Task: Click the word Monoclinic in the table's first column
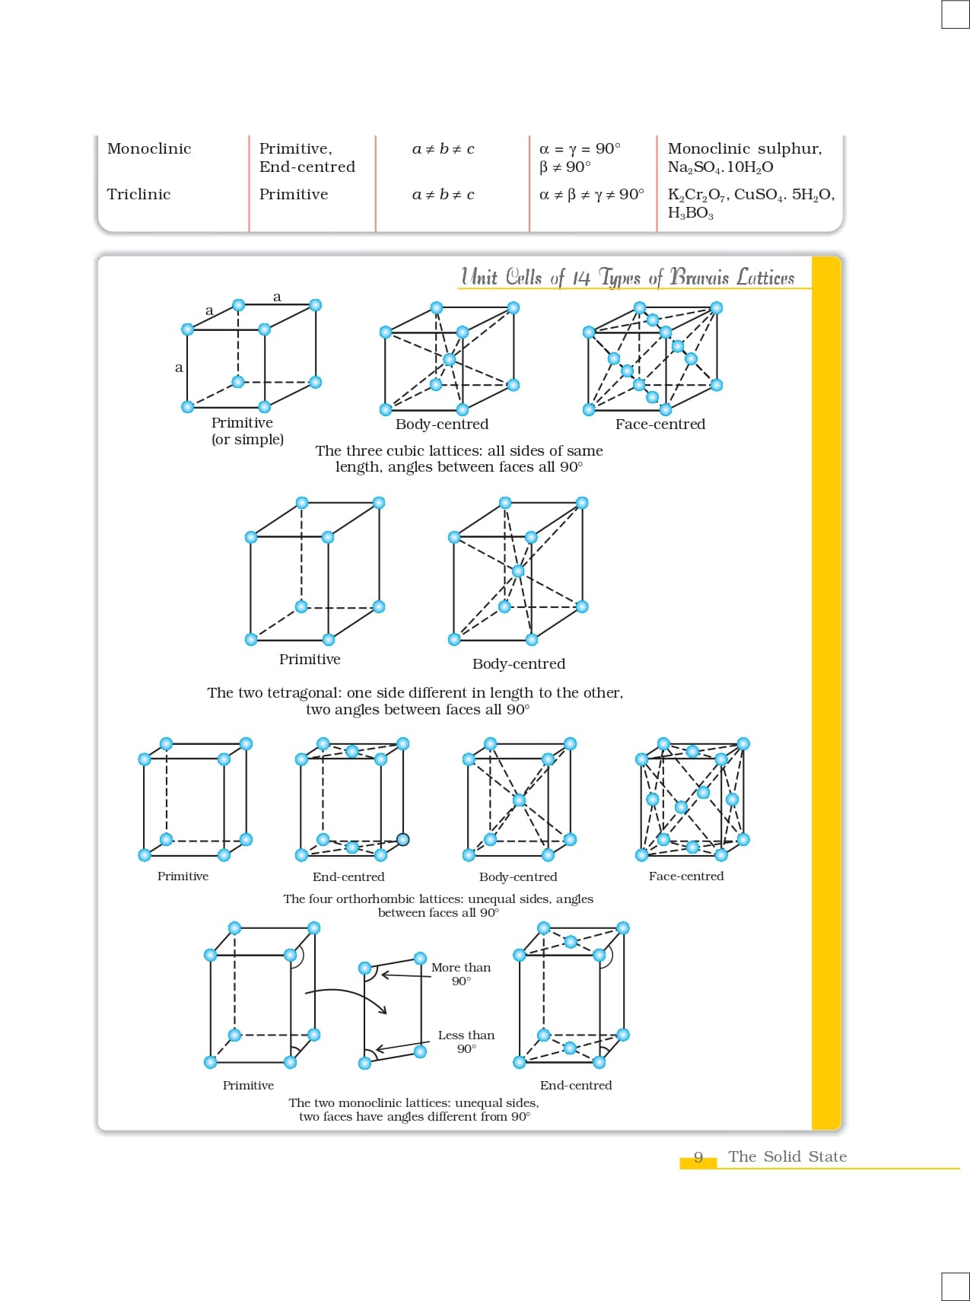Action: tap(149, 149)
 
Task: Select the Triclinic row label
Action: tap(139, 195)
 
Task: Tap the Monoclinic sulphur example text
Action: tap(744, 149)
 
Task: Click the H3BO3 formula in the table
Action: tap(690, 214)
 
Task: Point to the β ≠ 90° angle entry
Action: tap(565, 167)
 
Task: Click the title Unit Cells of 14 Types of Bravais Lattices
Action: tap(628, 278)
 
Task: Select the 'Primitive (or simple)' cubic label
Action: tap(246, 431)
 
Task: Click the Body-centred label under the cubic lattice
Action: tap(442, 425)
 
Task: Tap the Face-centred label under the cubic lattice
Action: tap(660, 425)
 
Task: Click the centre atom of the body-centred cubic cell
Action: tap(449, 359)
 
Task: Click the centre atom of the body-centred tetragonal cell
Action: tap(518, 571)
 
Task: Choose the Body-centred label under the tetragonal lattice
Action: tap(519, 664)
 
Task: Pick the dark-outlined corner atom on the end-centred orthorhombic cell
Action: tap(403, 839)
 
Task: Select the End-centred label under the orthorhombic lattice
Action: tap(348, 876)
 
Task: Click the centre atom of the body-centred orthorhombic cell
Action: tap(519, 800)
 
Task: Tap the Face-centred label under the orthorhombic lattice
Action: tap(686, 876)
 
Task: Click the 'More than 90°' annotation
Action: tap(461, 974)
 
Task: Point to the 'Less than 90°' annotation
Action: tap(466, 1042)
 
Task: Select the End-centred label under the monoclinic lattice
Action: tap(576, 1086)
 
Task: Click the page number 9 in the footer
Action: tap(698, 1157)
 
